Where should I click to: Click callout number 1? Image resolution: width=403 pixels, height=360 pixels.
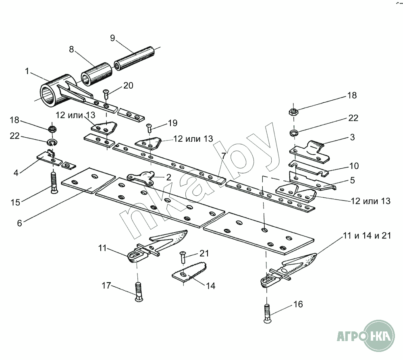pos(27,71)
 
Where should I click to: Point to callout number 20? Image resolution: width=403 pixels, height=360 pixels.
pos(128,85)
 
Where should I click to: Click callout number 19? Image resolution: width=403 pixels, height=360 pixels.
pos(172,123)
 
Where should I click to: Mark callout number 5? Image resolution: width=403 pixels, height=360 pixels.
pos(352,180)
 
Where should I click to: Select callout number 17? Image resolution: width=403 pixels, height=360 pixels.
pos(106,286)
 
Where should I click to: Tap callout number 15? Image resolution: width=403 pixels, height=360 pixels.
pos(15,202)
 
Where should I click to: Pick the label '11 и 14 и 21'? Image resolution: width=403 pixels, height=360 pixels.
pos(367,236)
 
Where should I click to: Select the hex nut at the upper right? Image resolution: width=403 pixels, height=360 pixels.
pos(293,112)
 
